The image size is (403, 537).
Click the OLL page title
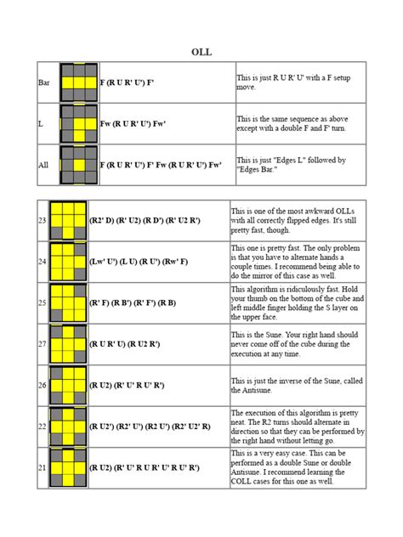[x=201, y=52]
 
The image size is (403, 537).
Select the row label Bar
[x=44, y=82]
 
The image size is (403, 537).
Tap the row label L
[x=41, y=124]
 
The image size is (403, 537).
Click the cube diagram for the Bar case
[x=77, y=82]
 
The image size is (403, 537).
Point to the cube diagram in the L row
[x=77, y=124]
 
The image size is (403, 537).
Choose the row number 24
[x=43, y=263]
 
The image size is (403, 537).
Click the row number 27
[x=43, y=345]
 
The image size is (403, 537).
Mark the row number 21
[x=43, y=468]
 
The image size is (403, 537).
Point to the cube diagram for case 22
[x=69, y=427]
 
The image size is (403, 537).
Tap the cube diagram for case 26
[x=69, y=386]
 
